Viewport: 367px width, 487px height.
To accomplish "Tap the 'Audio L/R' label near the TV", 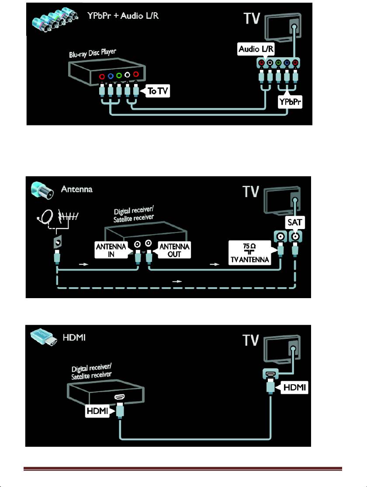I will [x=255, y=49].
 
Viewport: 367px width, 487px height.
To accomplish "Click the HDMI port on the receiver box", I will [x=119, y=397].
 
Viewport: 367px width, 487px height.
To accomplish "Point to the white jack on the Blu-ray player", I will [x=127, y=75].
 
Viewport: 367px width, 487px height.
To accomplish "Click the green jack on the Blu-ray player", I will [x=118, y=75].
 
